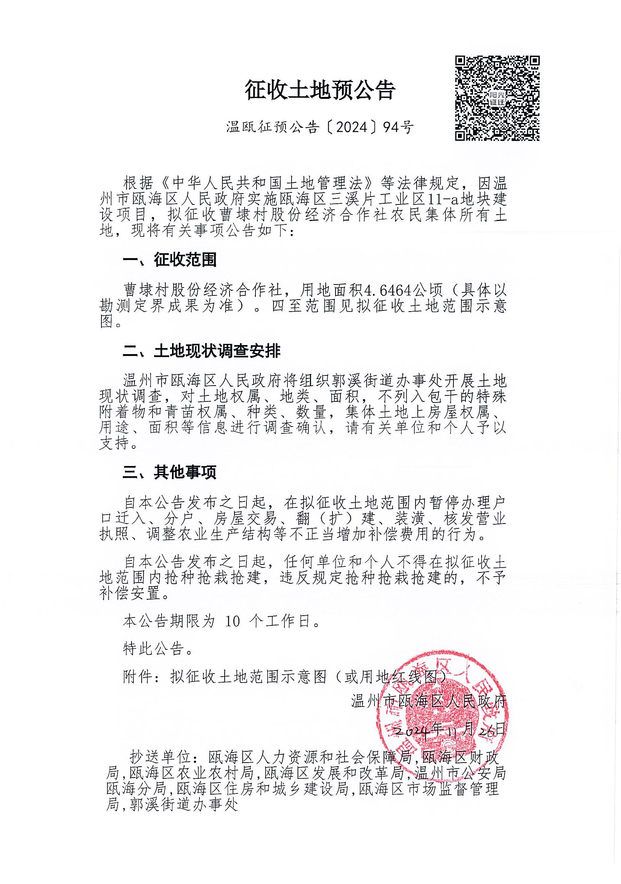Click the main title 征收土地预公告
click(320, 91)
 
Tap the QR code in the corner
click(497, 98)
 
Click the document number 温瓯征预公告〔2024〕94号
click(320, 127)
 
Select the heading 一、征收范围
click(169, 260)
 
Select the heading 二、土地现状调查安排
click(201, 351)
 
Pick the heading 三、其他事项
click(169, 472)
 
